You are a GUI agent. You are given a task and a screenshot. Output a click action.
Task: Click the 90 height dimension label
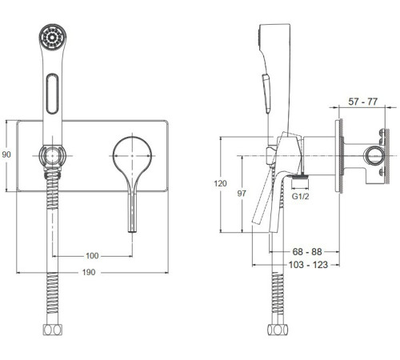[6, 154]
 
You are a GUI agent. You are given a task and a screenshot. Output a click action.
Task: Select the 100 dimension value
[92, 256]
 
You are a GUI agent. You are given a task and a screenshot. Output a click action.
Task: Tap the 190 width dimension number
[89, 272]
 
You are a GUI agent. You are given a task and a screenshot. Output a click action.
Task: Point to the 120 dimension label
[220, 183]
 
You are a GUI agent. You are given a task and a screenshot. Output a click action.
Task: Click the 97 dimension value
[242, 194]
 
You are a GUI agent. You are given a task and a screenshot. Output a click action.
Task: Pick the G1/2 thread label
[300, 197]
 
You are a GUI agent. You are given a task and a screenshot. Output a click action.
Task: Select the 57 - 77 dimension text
[363, 102]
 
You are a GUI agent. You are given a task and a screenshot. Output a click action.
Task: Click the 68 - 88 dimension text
[307, 251]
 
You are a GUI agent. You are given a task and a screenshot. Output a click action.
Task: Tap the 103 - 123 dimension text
[308, 265]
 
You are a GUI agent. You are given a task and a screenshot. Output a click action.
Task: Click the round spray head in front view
[53, 37]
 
